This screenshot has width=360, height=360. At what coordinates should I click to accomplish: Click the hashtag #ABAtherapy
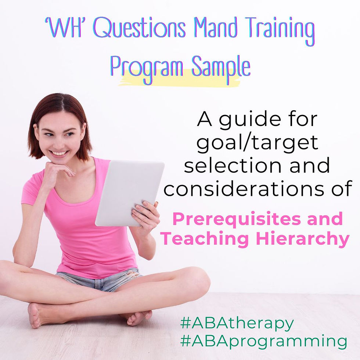(x=237, y=324)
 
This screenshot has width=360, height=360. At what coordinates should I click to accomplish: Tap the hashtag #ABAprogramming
(x=263, y=341)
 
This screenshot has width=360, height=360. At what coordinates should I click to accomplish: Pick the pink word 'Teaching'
(x=204, y=239)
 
